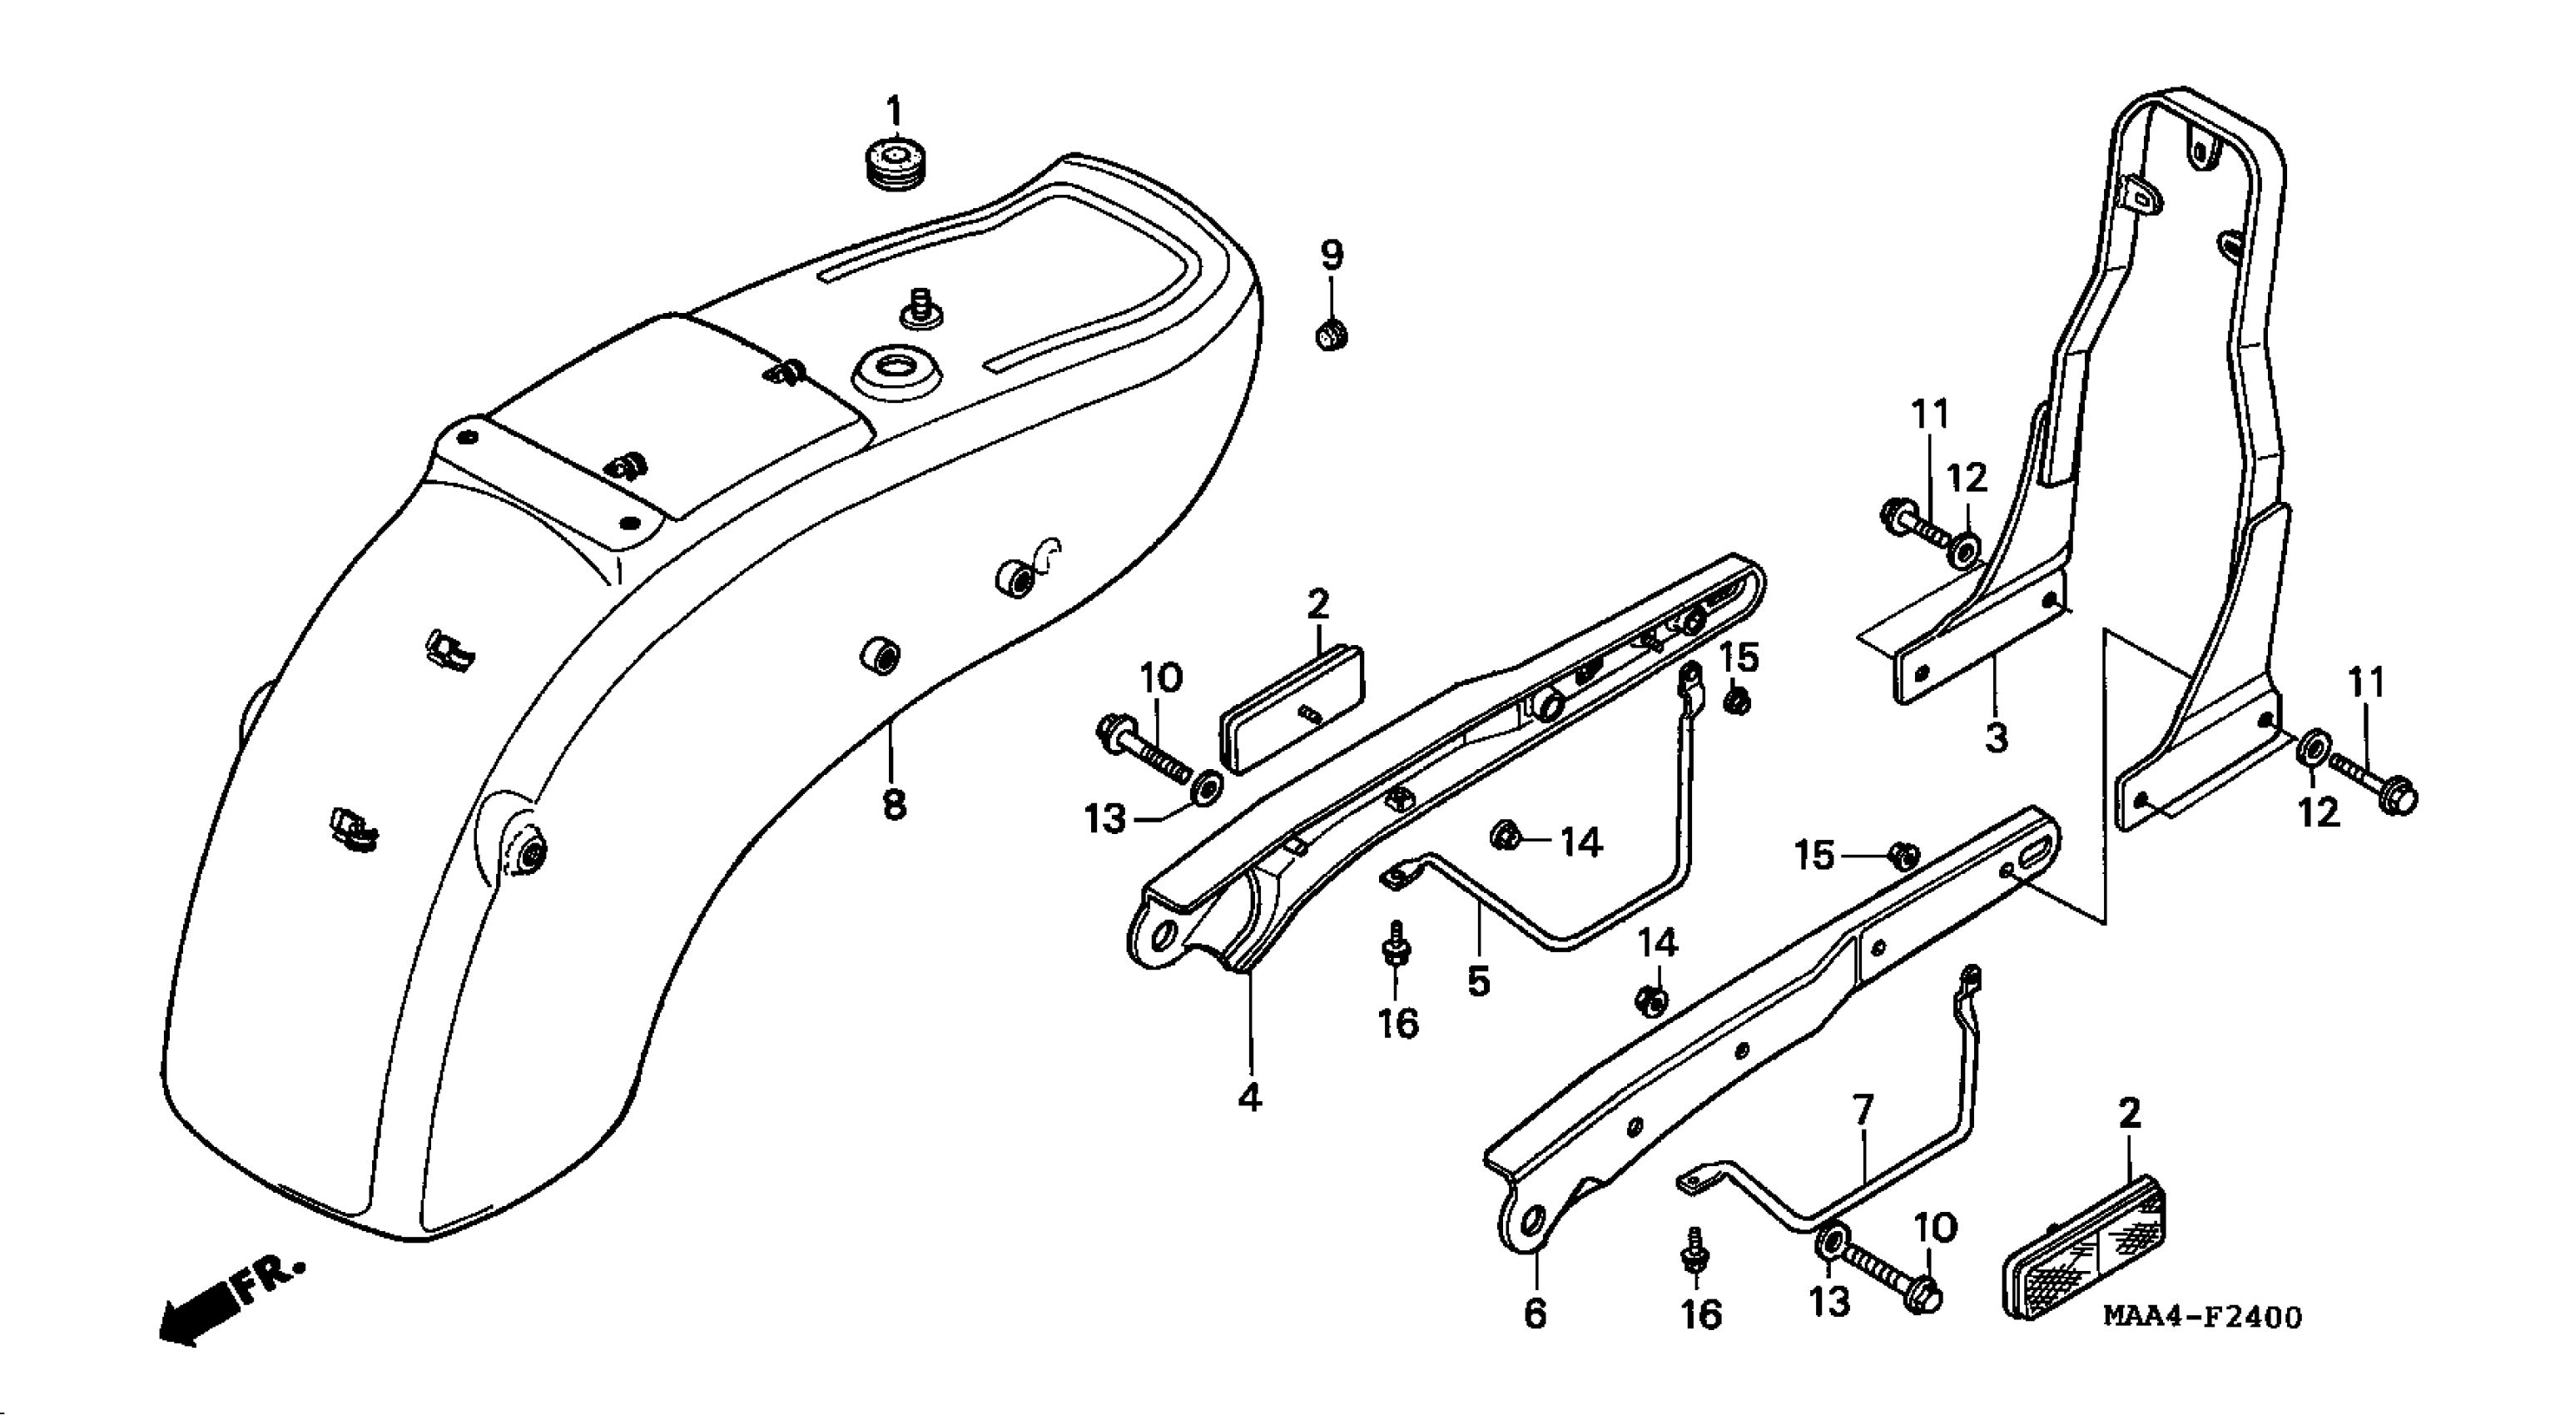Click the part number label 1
894,110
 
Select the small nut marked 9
1331,335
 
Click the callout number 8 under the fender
894,803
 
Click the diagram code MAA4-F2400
2202,1317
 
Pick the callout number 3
1995,739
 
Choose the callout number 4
1249,1098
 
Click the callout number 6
1535,1313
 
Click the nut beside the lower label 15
1903,855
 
